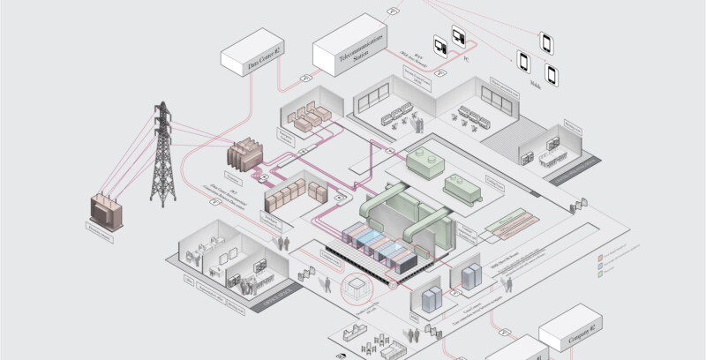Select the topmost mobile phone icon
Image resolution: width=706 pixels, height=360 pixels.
[x=547, y=41]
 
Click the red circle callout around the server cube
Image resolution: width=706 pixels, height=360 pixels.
[x=353, y=287]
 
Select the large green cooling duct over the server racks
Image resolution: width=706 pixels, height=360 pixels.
[x=406, y=212]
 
